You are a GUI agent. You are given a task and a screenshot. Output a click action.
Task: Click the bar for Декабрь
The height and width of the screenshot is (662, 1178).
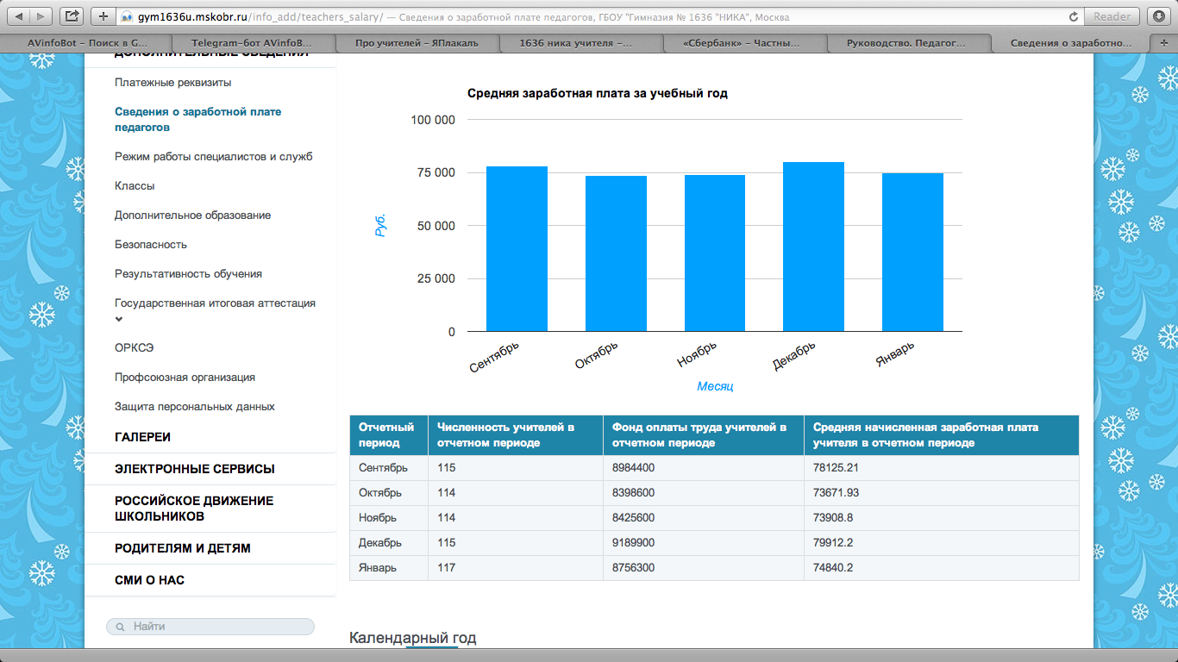(813, 247)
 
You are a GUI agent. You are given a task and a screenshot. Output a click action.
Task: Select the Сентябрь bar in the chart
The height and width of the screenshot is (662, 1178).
(517, 249)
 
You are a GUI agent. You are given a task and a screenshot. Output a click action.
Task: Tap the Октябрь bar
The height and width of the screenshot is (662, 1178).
(616, 253)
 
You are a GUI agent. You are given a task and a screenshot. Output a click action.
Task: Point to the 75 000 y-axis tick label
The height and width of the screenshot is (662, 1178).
(436, 172)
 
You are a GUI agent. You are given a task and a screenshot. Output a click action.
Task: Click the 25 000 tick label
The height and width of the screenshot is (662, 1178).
(436, 278)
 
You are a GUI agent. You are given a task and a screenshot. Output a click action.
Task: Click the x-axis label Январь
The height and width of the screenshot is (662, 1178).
(895, 354)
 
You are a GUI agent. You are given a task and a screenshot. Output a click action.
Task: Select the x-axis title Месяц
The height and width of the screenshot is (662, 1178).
(715, 386)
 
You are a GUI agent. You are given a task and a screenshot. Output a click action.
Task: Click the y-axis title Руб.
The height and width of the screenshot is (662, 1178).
(380, 226)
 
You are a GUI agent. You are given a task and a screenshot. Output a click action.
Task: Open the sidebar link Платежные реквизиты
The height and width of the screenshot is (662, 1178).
(173, 83)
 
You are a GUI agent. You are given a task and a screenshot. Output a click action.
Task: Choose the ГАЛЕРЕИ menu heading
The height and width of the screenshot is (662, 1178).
(142, 437)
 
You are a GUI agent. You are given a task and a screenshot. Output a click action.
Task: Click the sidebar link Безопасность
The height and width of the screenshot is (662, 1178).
(151, 245)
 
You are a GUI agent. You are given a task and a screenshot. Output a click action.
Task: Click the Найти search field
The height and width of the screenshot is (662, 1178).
(210, 627)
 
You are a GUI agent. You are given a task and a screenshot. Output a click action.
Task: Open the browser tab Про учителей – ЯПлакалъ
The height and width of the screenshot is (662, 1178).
(417, 43)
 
